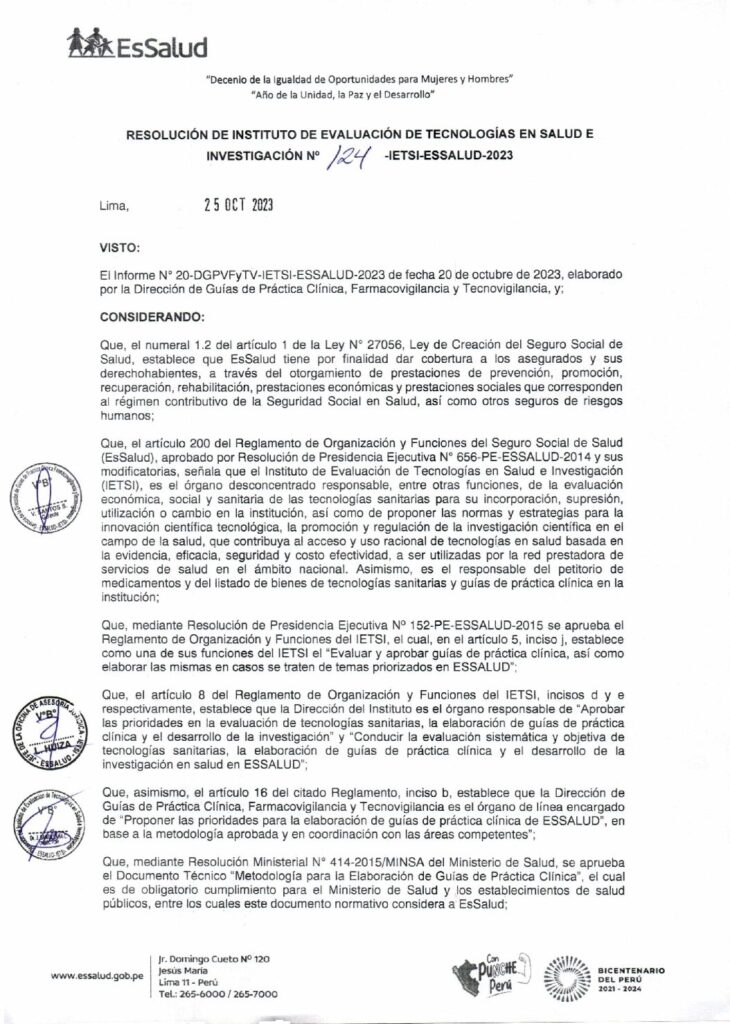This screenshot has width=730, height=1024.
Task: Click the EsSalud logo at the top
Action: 136,44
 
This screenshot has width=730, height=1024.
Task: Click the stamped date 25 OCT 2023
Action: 238,207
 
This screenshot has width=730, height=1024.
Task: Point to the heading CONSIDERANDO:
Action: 153,315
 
